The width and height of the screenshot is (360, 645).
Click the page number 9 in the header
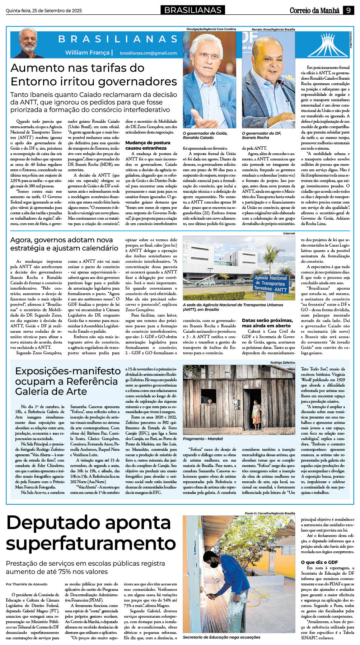point(348,10)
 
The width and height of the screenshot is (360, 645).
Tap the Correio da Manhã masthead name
point(314,10)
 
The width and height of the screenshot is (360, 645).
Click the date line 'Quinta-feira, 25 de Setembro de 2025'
point(44,11)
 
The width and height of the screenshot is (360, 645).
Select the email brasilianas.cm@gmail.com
point(148,53)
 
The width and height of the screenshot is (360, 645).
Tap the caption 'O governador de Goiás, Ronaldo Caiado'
point(205,135)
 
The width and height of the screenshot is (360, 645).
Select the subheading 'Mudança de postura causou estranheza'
point(148,145)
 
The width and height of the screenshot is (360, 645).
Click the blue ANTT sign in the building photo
point(271,284)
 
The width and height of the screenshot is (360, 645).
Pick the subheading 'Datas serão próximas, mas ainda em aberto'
point(267,323)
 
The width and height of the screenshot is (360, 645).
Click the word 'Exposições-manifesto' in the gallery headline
point(68,371)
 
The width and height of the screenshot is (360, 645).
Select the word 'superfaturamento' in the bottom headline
point(91,543)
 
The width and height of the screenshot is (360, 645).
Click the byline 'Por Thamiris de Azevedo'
point(27,584)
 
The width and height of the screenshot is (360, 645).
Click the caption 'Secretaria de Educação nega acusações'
point(221,637)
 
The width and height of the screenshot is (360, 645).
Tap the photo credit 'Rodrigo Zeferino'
point(282,363)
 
